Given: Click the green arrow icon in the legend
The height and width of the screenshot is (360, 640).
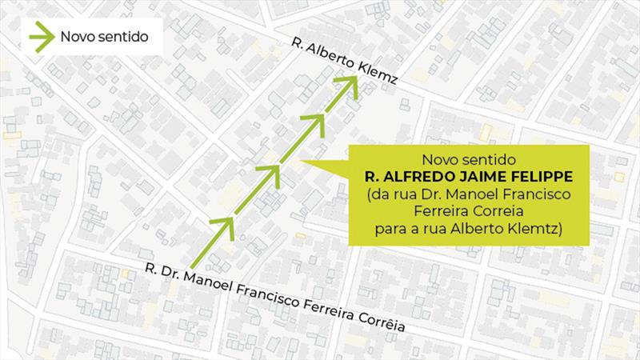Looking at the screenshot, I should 38,37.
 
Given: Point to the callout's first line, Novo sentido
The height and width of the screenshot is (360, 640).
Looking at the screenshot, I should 469,159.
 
